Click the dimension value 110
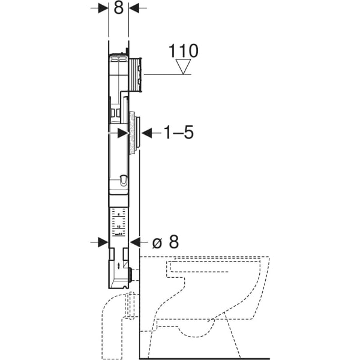coord(183,50)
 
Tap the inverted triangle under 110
coord(183,67)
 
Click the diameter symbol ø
coord(157,242)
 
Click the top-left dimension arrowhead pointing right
coord(104,8)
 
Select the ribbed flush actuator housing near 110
coord(136,75)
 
